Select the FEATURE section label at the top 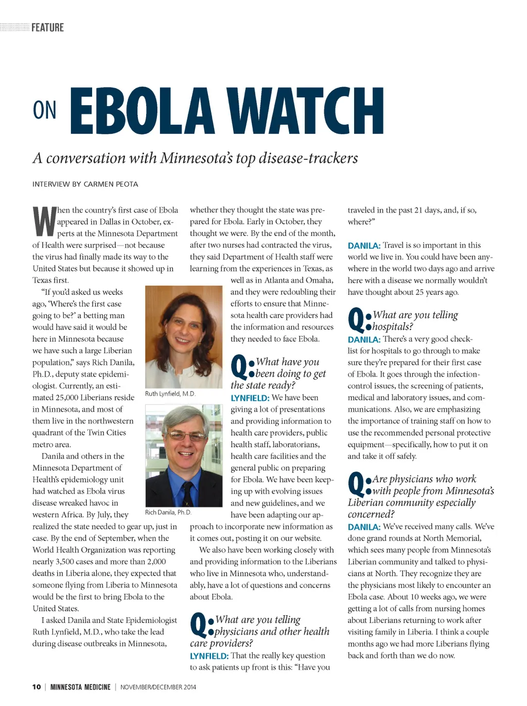47,27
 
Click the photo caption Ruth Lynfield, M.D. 170,394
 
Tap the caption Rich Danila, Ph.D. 168,512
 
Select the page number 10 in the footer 37,687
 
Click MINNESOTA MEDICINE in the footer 80,687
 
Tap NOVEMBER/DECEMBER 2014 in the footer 158,687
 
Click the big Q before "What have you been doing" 239,367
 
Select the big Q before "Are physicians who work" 356,484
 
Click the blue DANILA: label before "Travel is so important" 364,245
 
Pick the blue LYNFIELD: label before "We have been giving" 250,398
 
